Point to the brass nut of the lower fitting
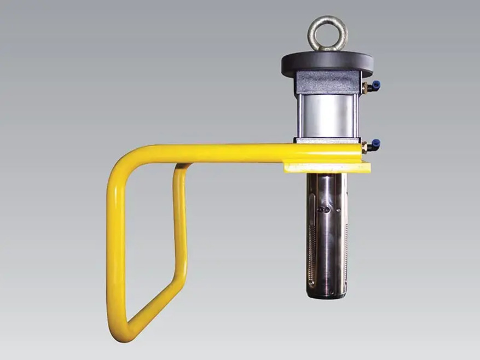pos(364,147)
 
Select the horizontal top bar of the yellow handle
pos(219,154)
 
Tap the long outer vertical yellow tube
pos(113,246)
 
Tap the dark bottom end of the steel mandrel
pos(327,294)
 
